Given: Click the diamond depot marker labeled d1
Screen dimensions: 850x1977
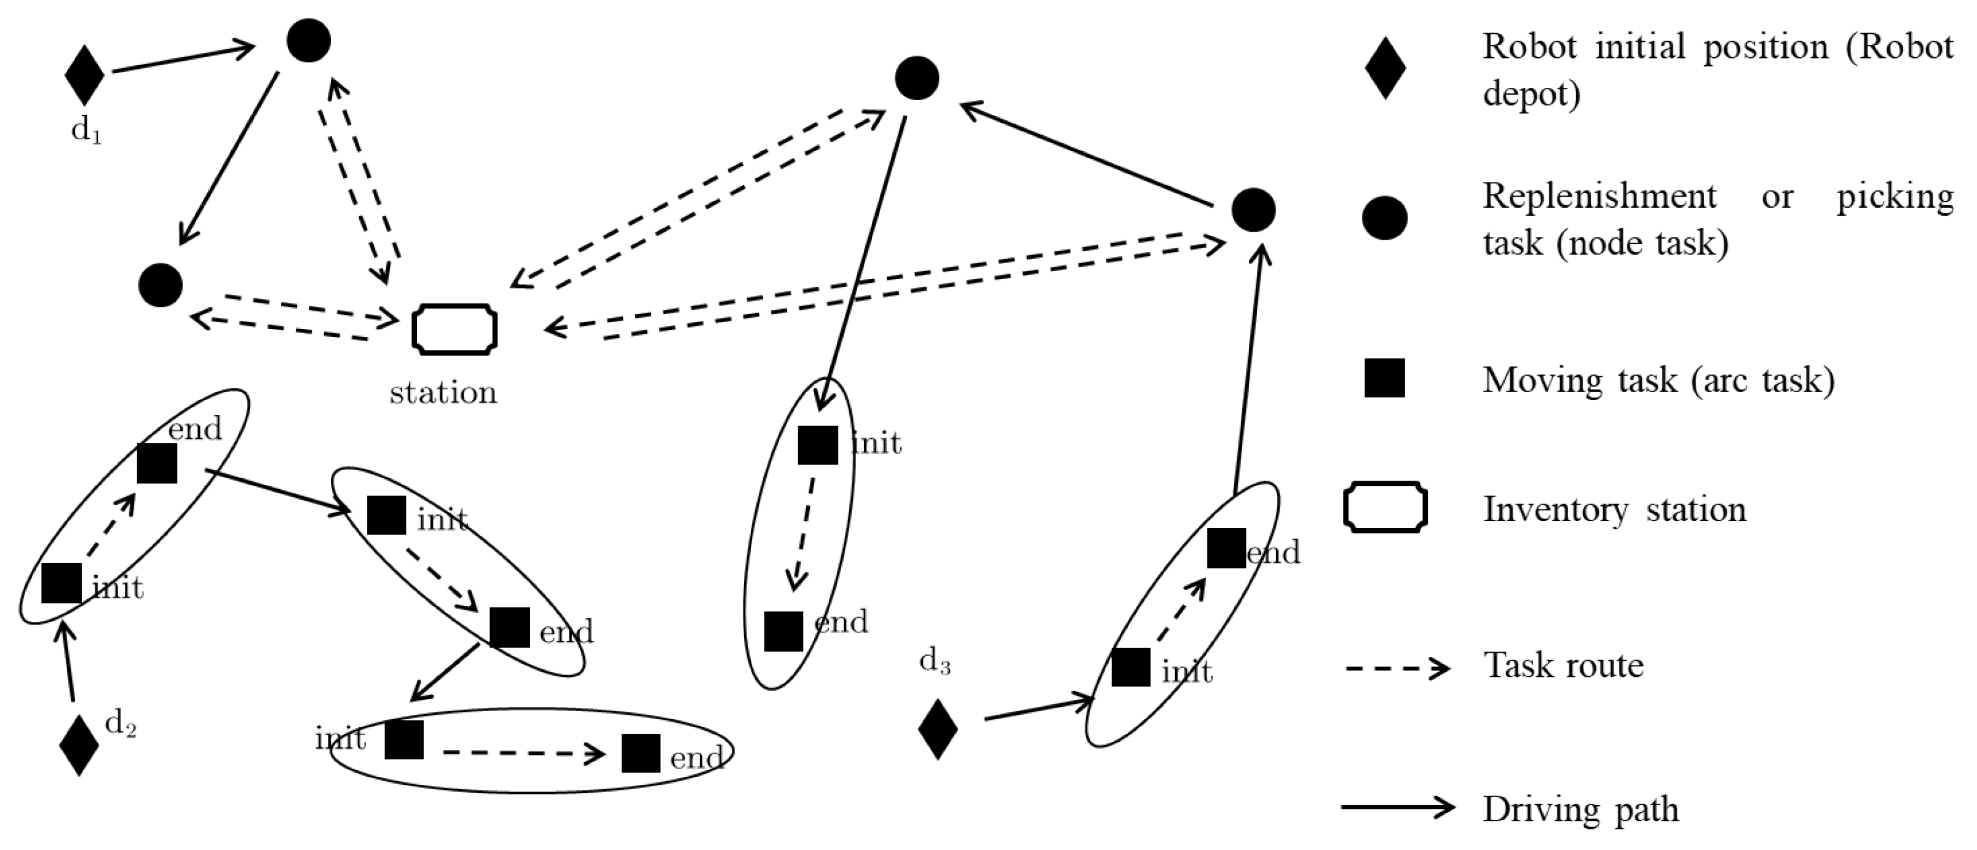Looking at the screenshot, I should click(84, 74).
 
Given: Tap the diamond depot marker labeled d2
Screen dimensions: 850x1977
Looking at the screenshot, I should click(79, 745).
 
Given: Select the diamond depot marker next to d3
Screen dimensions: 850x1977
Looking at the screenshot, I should click(938, 729).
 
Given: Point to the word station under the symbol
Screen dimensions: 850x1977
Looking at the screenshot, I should click(443, 393).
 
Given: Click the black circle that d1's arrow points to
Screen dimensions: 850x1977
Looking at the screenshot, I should click(309, 41).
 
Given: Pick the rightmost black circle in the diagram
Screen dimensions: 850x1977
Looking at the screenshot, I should click(1253, 210).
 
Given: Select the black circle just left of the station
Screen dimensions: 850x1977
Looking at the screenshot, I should click(160, 285).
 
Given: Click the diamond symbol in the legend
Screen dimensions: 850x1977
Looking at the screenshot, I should click(1385, 68).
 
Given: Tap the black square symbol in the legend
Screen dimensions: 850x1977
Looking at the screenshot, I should click(1384, 377).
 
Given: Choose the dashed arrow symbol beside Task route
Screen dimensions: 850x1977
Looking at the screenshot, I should click(1397, 667).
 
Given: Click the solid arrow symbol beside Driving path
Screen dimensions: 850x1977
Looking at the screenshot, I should click(1397, 808).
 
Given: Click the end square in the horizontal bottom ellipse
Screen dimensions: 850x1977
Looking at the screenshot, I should click(641, 754).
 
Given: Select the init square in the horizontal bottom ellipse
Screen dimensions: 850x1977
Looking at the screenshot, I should click(403, 739).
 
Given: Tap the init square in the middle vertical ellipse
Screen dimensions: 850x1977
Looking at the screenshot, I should click(817, 445).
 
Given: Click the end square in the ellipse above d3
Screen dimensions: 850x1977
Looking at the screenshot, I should click(1226, 548).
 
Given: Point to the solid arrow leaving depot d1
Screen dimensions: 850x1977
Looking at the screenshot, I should click(183, 60).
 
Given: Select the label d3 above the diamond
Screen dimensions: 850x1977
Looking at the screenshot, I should click(935, 661).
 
